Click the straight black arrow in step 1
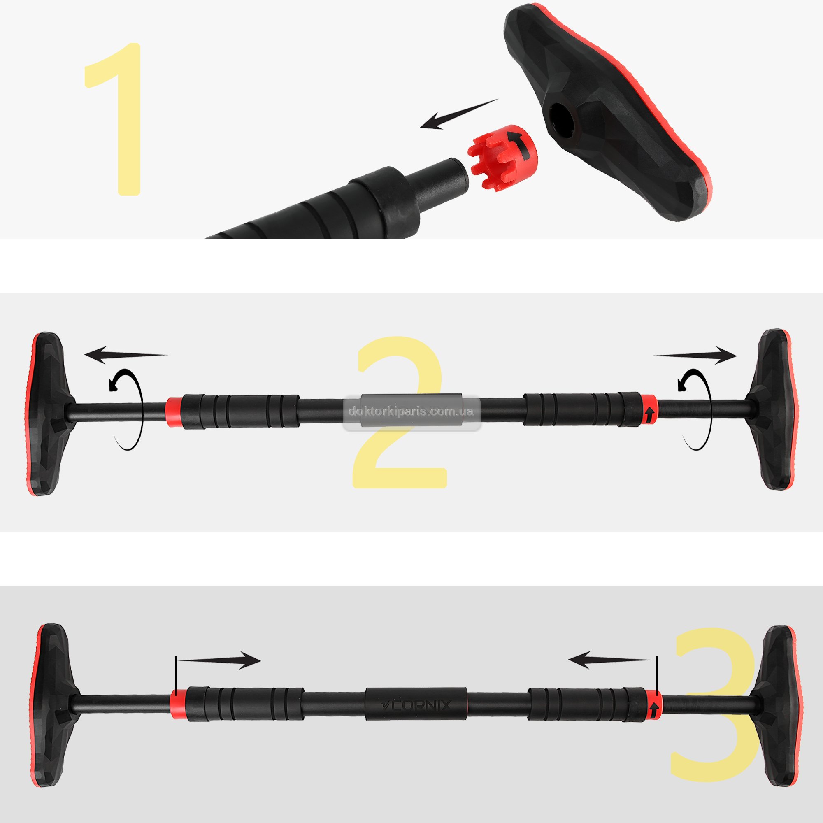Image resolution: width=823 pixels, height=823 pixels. (x=459, y=114)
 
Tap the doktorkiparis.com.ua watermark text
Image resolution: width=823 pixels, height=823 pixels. (x=411, y=411)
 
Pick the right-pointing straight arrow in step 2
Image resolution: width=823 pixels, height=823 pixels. (x=695, y=355)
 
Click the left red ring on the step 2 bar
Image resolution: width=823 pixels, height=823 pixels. (x=174, y=411)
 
